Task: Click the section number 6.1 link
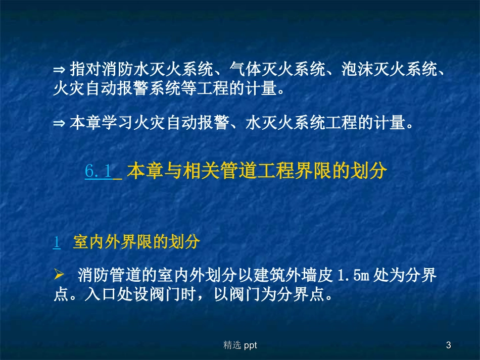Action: (x=99, y=171)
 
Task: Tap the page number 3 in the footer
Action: (x=448, y=345)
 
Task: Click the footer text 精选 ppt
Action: (x=241, y=345)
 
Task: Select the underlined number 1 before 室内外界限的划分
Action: (x=57, y=242)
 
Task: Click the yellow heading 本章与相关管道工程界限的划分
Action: (x=257, y=171)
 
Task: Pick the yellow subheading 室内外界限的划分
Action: (x=137, y=242)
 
